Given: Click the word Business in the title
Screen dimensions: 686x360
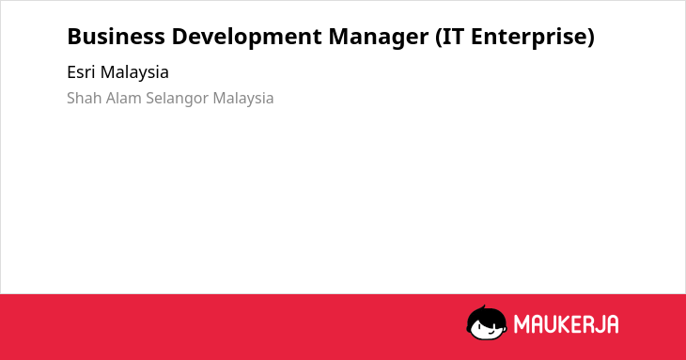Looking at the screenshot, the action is pos(116,37).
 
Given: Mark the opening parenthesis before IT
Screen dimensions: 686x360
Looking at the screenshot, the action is pos(438,38).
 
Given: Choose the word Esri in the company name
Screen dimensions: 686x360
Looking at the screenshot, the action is pos(81,72).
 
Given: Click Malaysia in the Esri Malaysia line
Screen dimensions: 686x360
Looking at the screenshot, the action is pos(134,73).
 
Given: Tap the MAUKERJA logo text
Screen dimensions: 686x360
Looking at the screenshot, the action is pos(566,324).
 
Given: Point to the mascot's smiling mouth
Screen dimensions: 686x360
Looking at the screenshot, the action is pos(491,332).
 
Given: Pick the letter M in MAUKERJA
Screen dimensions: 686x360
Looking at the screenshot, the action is pos(522,324).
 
